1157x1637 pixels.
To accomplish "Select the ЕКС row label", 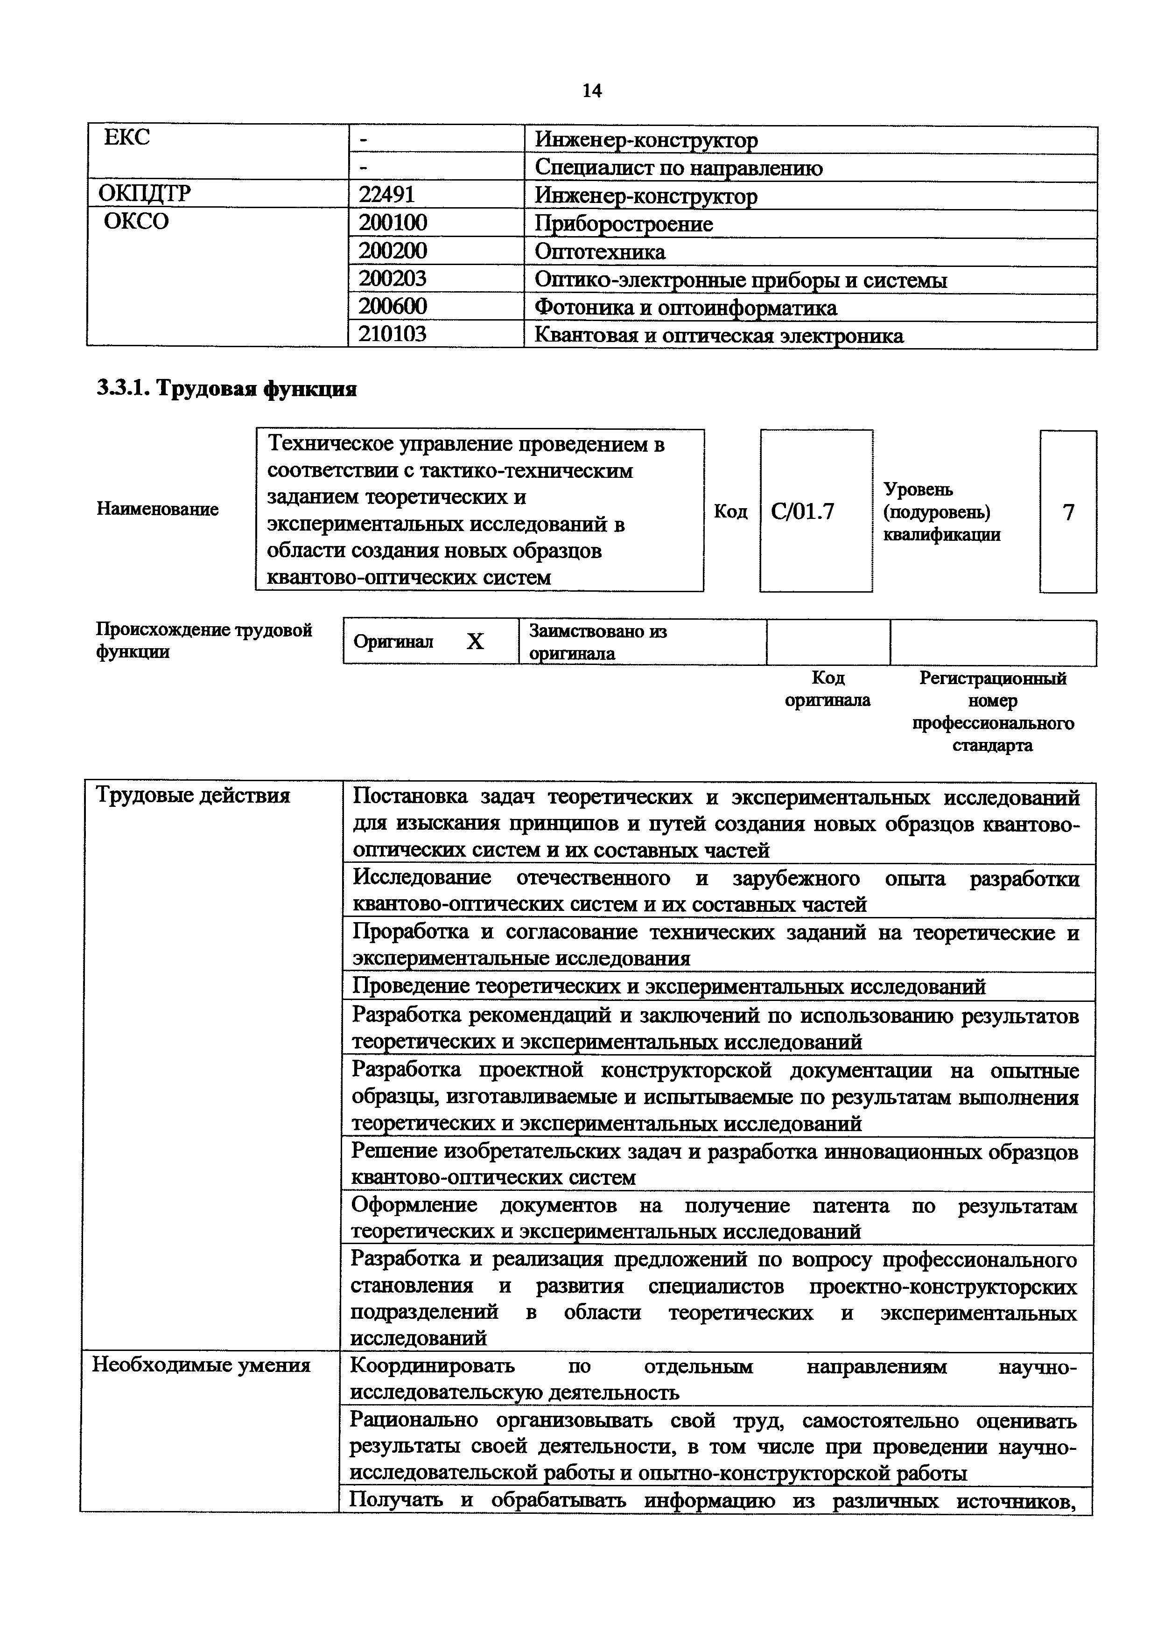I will point(127,137).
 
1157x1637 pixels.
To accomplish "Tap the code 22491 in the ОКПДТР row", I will point(387,195).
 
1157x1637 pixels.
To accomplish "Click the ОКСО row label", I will point(136,221).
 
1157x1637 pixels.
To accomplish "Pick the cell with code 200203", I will point(392,279).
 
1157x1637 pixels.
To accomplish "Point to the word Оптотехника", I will point(600,252).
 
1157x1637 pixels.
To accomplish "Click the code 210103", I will point(392,335).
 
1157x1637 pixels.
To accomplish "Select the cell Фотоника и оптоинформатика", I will point(686,308).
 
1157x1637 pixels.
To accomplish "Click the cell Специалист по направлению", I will point(678,168).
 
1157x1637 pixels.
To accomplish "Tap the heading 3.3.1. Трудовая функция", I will point(227,389).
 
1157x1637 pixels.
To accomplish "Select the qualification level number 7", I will point(1068,512).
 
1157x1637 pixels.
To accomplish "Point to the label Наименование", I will point(158,509).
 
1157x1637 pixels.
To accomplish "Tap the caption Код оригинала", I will point(827,689).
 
